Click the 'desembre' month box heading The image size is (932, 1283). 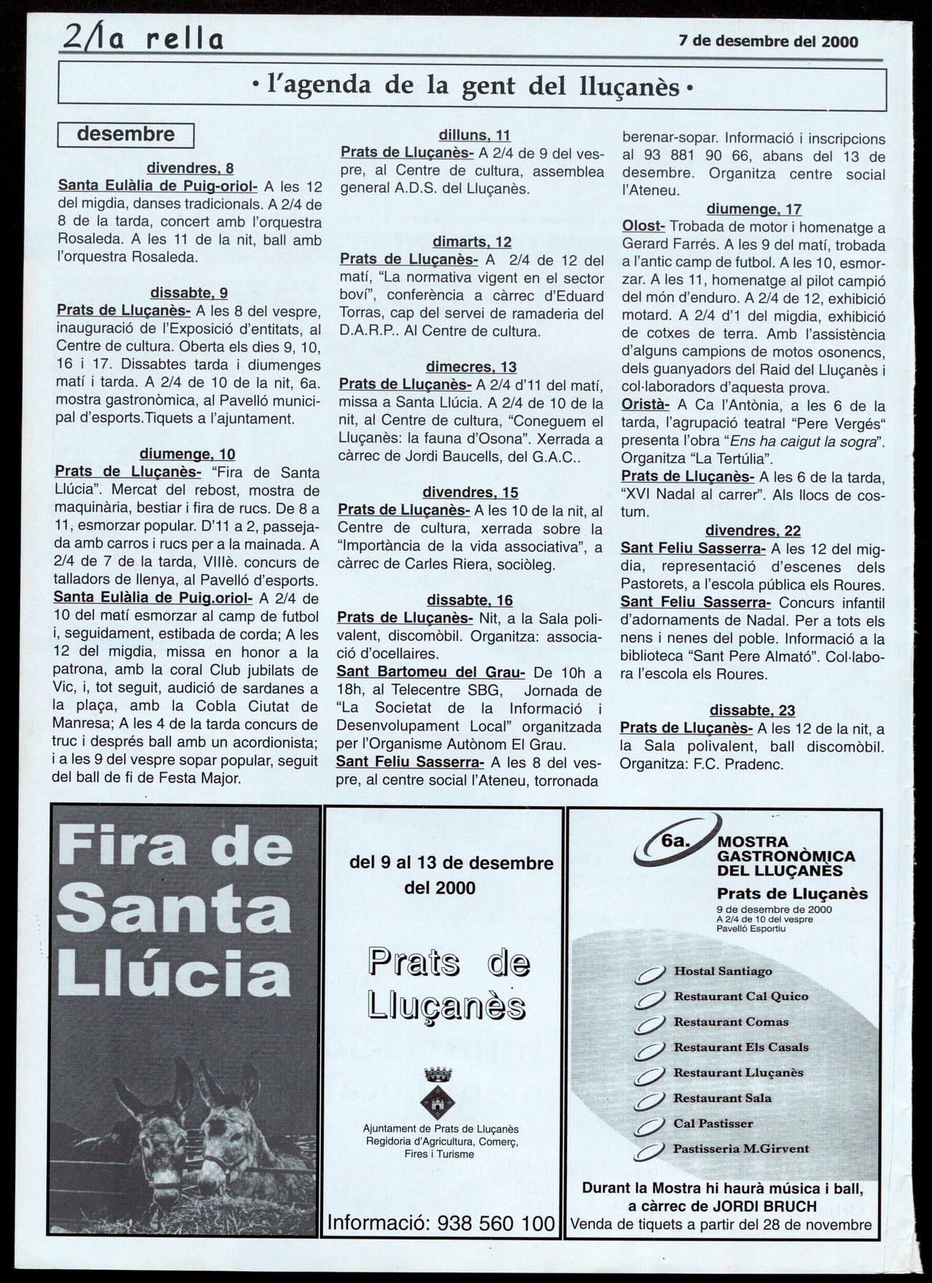[x=125, y=135]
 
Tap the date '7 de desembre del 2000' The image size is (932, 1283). [x=768, y=42]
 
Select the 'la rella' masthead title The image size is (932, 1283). [x=143, y=38]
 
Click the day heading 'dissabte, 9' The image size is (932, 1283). [x=189, y=293]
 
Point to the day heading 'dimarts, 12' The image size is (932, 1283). [x=472, y=242]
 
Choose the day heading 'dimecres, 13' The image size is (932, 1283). [x=471, y=367]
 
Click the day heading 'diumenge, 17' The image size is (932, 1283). [x=754, y=209]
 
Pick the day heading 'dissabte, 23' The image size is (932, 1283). [x=752, y=710]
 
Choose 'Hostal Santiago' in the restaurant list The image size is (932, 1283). [x=723, y=972]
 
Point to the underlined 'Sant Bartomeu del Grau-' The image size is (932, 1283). [x=431, y=672]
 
